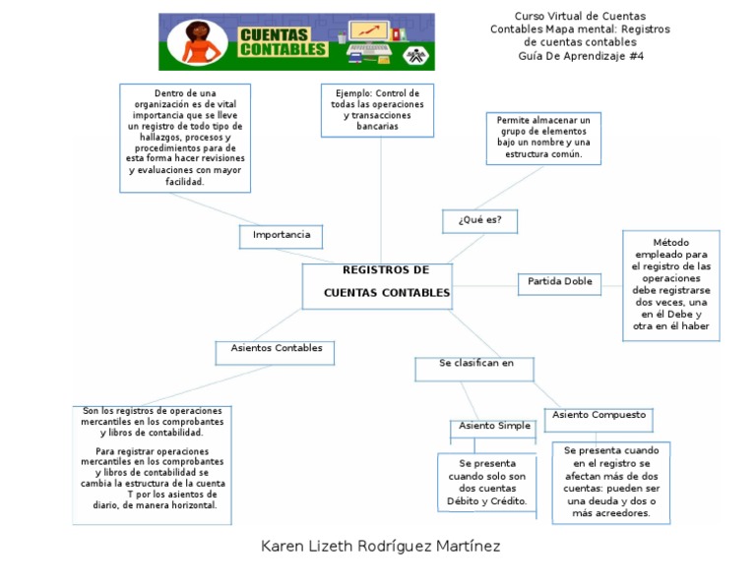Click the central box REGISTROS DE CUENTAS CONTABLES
tap(377, 285)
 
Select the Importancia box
tap(282, 236)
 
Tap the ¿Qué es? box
tap(479, 220)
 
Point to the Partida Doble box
tap(559, 283)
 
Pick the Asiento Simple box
tap(494, 428)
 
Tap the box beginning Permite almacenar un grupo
tap(542, 138)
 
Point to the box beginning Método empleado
tap(670, 285)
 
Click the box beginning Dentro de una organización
tap(185, 138)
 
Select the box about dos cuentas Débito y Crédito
tap(486, 482)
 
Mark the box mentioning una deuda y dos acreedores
tap(611, 481)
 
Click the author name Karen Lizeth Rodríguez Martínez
tap(380, 546)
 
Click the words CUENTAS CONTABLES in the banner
tap(282, 41)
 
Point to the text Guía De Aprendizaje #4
tap(581, 56)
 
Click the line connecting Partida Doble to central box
tap(485, 285)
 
